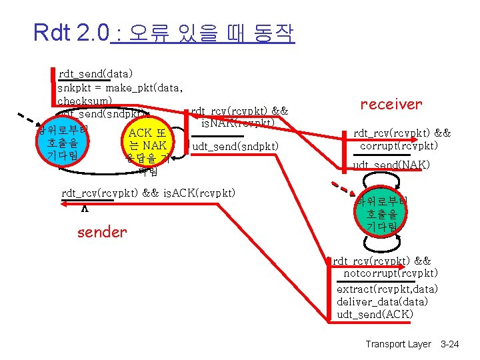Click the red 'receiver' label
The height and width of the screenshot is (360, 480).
391,104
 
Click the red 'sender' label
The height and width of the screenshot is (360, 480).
101,232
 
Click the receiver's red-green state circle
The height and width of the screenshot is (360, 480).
380,213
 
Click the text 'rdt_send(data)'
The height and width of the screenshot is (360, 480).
96,73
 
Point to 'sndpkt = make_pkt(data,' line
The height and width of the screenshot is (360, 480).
120,87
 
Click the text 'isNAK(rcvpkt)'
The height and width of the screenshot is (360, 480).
237,123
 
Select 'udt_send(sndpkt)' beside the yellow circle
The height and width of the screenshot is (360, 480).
235,146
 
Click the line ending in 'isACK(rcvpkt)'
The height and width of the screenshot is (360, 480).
148,193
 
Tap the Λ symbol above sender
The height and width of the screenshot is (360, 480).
84,208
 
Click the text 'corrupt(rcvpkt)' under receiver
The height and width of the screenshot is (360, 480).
399,146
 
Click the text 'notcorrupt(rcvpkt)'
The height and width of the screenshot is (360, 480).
391,273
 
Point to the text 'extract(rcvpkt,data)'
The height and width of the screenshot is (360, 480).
387,289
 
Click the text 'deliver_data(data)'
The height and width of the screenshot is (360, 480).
382,301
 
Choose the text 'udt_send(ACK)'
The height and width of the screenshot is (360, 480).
375,314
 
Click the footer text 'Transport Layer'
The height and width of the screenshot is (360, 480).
398,344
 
